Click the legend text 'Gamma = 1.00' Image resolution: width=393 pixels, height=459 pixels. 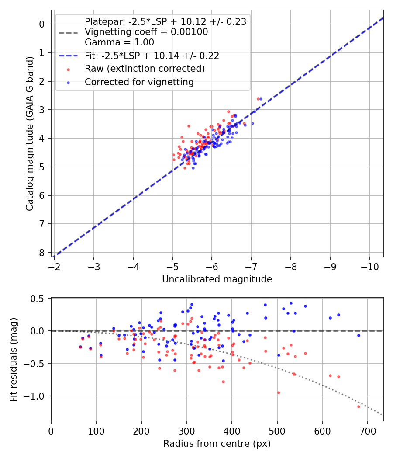point(119,42)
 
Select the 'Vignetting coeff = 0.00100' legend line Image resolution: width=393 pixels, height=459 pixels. point(146,32)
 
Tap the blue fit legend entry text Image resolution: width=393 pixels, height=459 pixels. point(152,56)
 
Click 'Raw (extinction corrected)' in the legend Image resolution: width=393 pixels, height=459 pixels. point(145,69)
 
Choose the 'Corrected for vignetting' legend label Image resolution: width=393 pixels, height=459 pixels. point(139,82)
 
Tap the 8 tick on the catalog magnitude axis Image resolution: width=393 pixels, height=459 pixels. point(42,253)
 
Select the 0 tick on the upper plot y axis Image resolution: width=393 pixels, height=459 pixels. point(42,24)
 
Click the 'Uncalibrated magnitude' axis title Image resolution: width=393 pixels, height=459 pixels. point(217,279)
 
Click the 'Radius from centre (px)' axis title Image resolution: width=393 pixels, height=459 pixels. point(217,444)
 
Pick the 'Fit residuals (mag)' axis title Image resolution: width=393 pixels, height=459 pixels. point(14,359)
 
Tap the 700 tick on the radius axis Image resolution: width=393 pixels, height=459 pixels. point(367,431)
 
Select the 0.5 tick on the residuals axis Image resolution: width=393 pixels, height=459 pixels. point(39,299)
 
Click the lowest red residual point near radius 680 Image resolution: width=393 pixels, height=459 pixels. point(359,407)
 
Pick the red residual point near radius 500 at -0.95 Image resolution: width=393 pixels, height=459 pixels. point(278,393)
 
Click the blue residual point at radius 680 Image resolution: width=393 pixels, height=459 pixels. point(359,335)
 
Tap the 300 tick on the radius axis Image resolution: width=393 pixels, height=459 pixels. point(186,431)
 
